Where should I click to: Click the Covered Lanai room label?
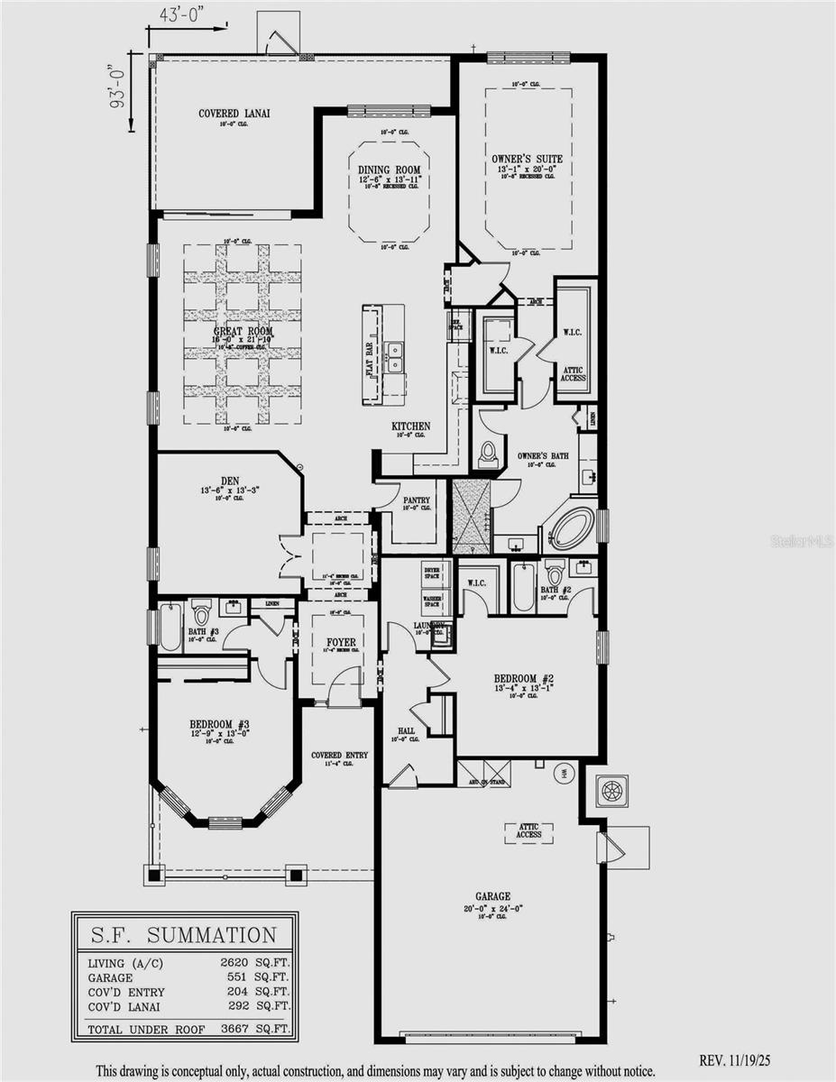[234, 114]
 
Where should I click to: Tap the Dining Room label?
[389, 170]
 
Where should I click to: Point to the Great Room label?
[243, 332]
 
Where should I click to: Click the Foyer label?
[341, 642]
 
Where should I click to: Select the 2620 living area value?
[237, 962]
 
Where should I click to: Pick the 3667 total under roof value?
[237, 1028]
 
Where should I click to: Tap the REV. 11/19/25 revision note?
[740, 1060]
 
